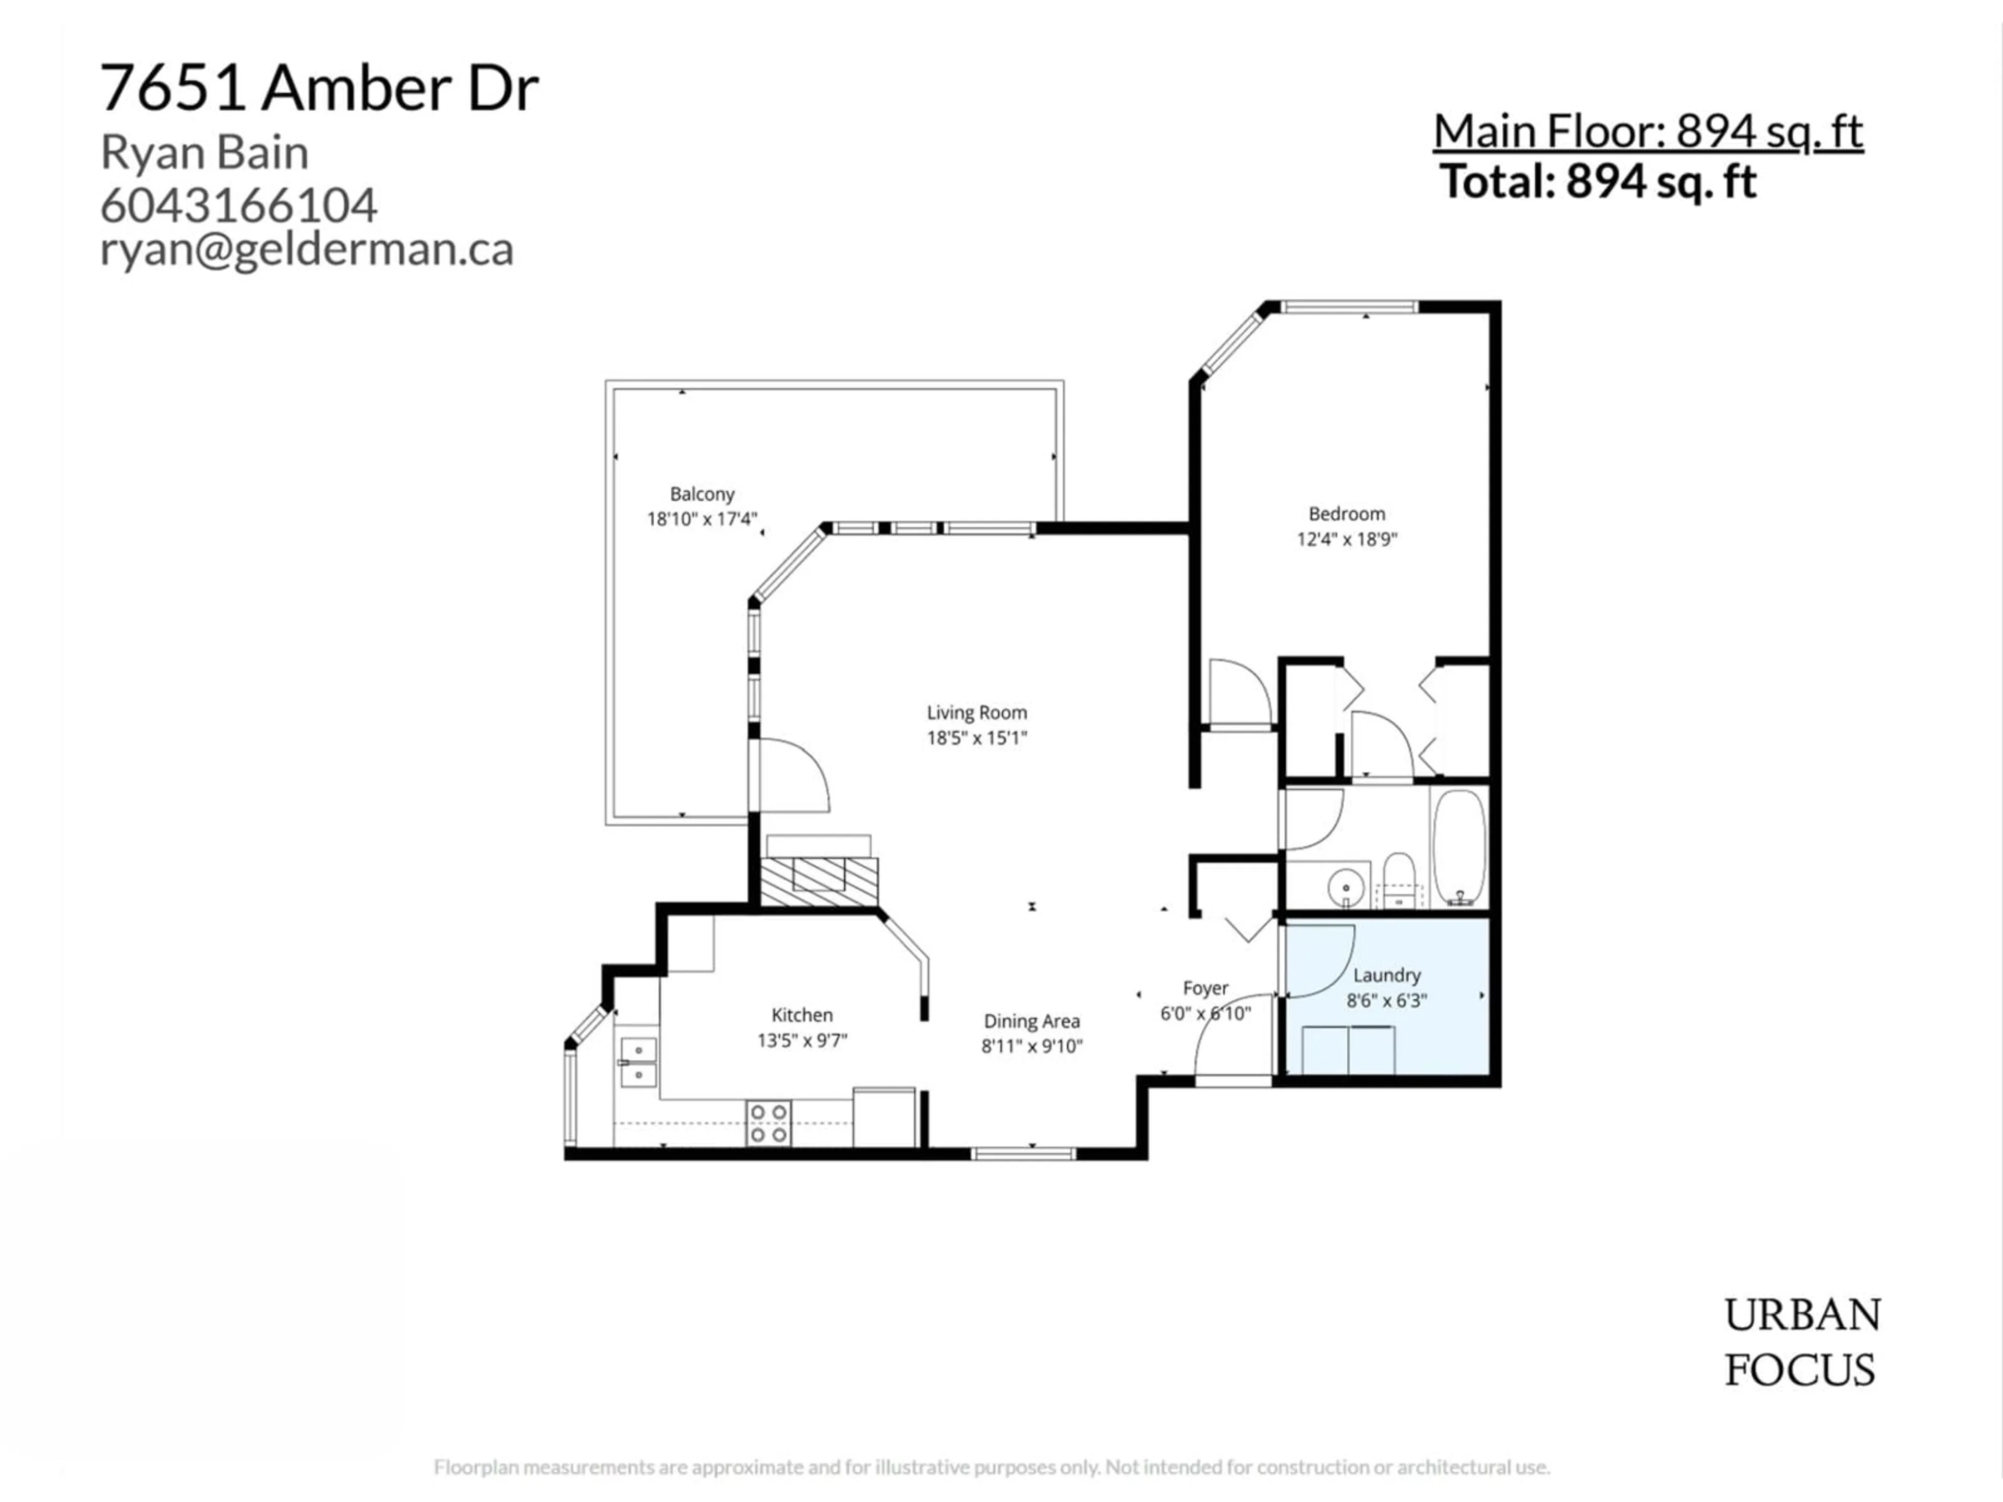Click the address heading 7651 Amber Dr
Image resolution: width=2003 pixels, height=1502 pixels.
[x=319, y=89]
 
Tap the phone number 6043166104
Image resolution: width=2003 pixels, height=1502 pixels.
[x=238, y=205]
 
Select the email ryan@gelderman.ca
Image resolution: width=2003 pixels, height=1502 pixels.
[x=306, y=249]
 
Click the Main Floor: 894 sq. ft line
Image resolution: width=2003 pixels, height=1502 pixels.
[x=1647, y=132]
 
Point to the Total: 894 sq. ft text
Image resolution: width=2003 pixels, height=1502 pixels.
[x=1598, y=182]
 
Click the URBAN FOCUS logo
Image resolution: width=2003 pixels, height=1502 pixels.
[x=1801, y=1342]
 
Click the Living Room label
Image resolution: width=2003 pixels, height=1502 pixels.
[x=976, y=712]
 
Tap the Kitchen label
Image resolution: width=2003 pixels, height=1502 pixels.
[x=801, y=1015]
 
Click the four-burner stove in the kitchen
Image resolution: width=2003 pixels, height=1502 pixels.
[x=768, y=1123]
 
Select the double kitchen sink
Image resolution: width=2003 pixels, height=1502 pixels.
[x=638, y=1062]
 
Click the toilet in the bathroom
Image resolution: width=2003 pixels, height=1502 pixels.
[x=1399, y=878]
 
